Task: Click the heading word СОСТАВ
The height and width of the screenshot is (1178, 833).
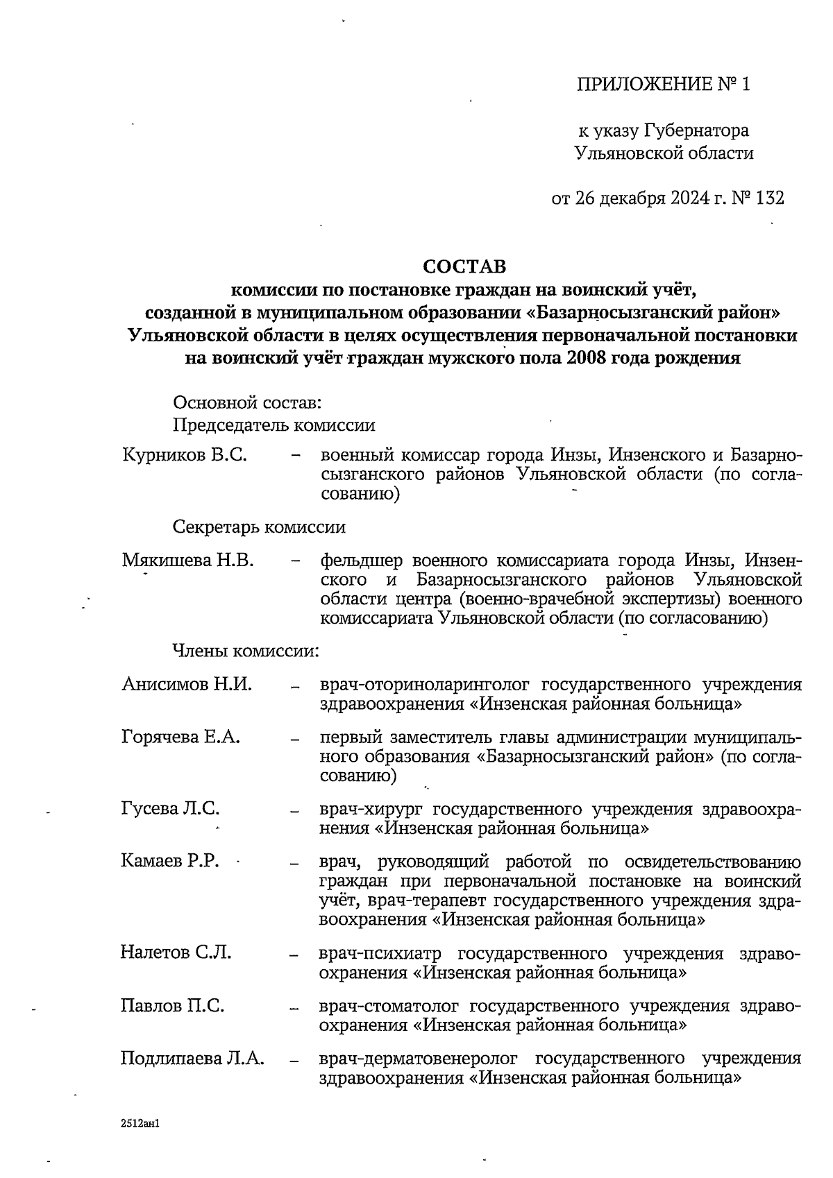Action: [x=465, y=266]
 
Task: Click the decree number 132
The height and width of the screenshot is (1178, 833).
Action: [x=770, y=198]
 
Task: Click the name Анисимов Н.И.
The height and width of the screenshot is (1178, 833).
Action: [x=187, y=685]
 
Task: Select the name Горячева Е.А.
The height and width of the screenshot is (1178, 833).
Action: [x=180, y=737]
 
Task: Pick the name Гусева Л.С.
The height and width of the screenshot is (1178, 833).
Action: [x=171, y=808]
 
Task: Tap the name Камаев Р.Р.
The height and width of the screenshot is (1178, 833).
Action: [x=170, y=862]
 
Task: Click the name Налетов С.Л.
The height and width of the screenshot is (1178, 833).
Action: [x=176, y=952]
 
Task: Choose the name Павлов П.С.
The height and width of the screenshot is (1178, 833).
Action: [x=172, y=1005]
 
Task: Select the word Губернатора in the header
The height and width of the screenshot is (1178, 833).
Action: [x=696, y=130]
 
